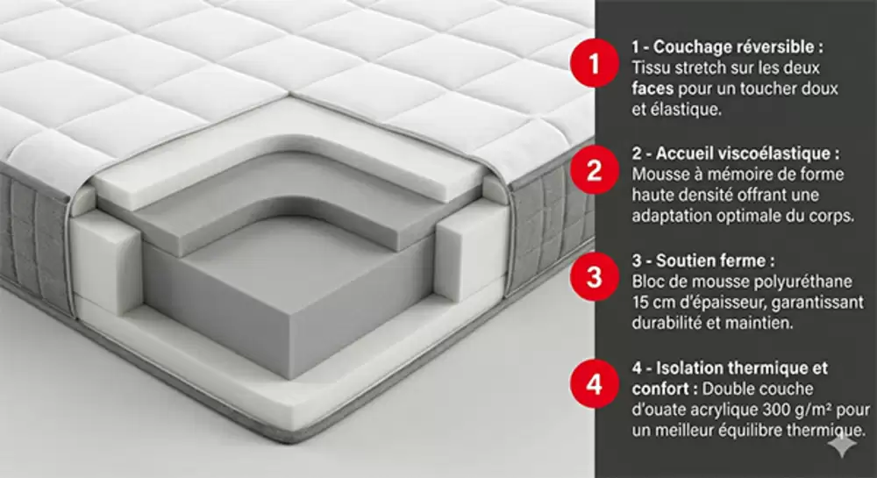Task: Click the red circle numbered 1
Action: (595, 62)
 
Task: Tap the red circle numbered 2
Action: (595, 170)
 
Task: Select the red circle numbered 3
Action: (595, 277)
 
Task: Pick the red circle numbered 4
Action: (595, 385)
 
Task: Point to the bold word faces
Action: (652, 89)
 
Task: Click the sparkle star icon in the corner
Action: (842, 445)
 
